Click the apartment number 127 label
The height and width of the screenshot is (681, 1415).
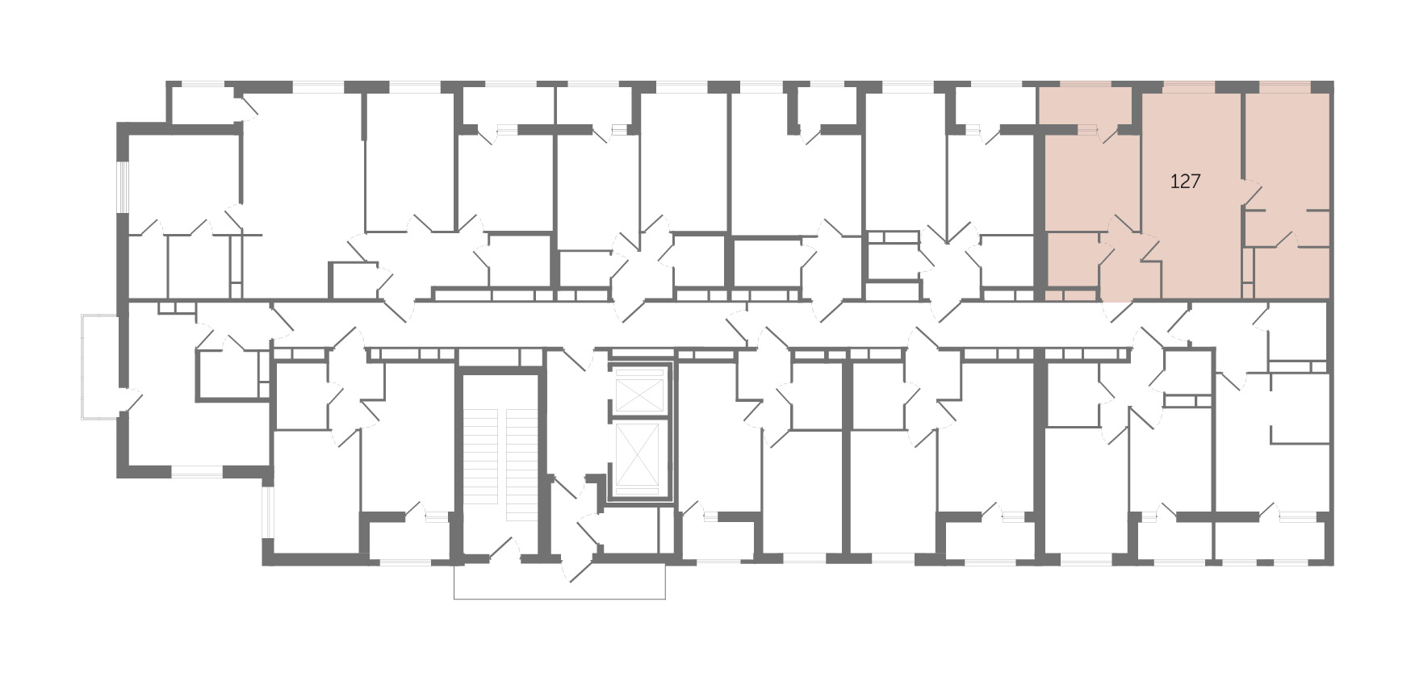pos(1185,182)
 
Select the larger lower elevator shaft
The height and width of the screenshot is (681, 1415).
pos(638,457)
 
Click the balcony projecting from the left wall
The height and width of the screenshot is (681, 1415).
pos(100,366)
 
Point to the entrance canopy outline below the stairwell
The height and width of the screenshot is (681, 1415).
pos(559,581)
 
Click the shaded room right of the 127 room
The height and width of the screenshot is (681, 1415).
pos(1287,149)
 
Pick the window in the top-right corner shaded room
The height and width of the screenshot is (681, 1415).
pos(1285,86)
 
